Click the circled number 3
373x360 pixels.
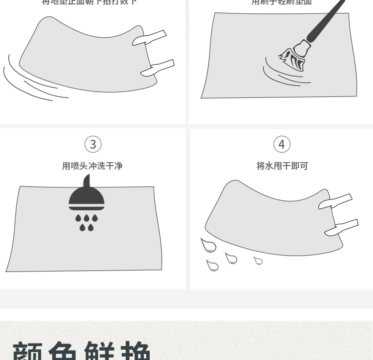point(93,144)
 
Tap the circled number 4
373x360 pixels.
point(281,144)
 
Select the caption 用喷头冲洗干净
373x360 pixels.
point(92,166)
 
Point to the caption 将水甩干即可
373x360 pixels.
point(282,166)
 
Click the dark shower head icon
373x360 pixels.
point(87,196)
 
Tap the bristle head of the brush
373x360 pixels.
point(293,59)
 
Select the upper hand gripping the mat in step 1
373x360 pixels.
point(149,38)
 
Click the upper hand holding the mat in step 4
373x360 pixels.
point(335,201)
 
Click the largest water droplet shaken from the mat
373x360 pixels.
point(208,245)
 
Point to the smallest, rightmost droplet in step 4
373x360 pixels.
point(258,261)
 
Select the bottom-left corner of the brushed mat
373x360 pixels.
point(202,97)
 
